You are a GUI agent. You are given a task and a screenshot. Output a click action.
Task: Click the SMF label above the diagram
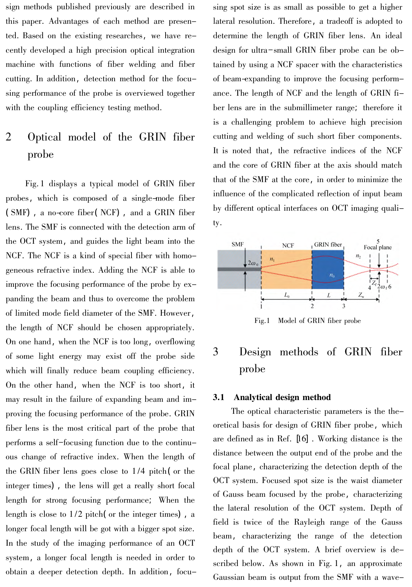237,244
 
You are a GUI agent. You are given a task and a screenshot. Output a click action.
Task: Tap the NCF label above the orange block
288,245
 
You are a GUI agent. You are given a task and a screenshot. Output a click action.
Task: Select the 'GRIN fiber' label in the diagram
328,245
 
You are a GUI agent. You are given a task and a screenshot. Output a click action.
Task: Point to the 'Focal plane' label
378,248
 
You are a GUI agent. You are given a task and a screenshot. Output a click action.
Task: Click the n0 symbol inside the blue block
332,275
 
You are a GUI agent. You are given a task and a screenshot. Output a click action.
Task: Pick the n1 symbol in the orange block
272,259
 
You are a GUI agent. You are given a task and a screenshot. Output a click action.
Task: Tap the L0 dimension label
287,295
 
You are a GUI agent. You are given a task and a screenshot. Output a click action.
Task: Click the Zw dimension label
361,295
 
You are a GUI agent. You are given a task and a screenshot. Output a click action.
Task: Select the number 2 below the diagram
312,306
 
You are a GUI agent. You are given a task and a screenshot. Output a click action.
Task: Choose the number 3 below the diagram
344,306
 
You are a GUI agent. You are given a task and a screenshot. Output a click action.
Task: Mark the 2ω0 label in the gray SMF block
253,263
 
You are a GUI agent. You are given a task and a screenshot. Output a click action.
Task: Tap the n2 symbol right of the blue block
358,256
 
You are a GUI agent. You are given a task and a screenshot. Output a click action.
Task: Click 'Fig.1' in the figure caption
262,321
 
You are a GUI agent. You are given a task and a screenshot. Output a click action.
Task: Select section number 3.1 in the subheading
219,398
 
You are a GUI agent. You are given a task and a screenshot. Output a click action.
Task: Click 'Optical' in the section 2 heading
44,137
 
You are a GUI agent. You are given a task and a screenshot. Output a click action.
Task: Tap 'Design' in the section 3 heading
255,352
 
